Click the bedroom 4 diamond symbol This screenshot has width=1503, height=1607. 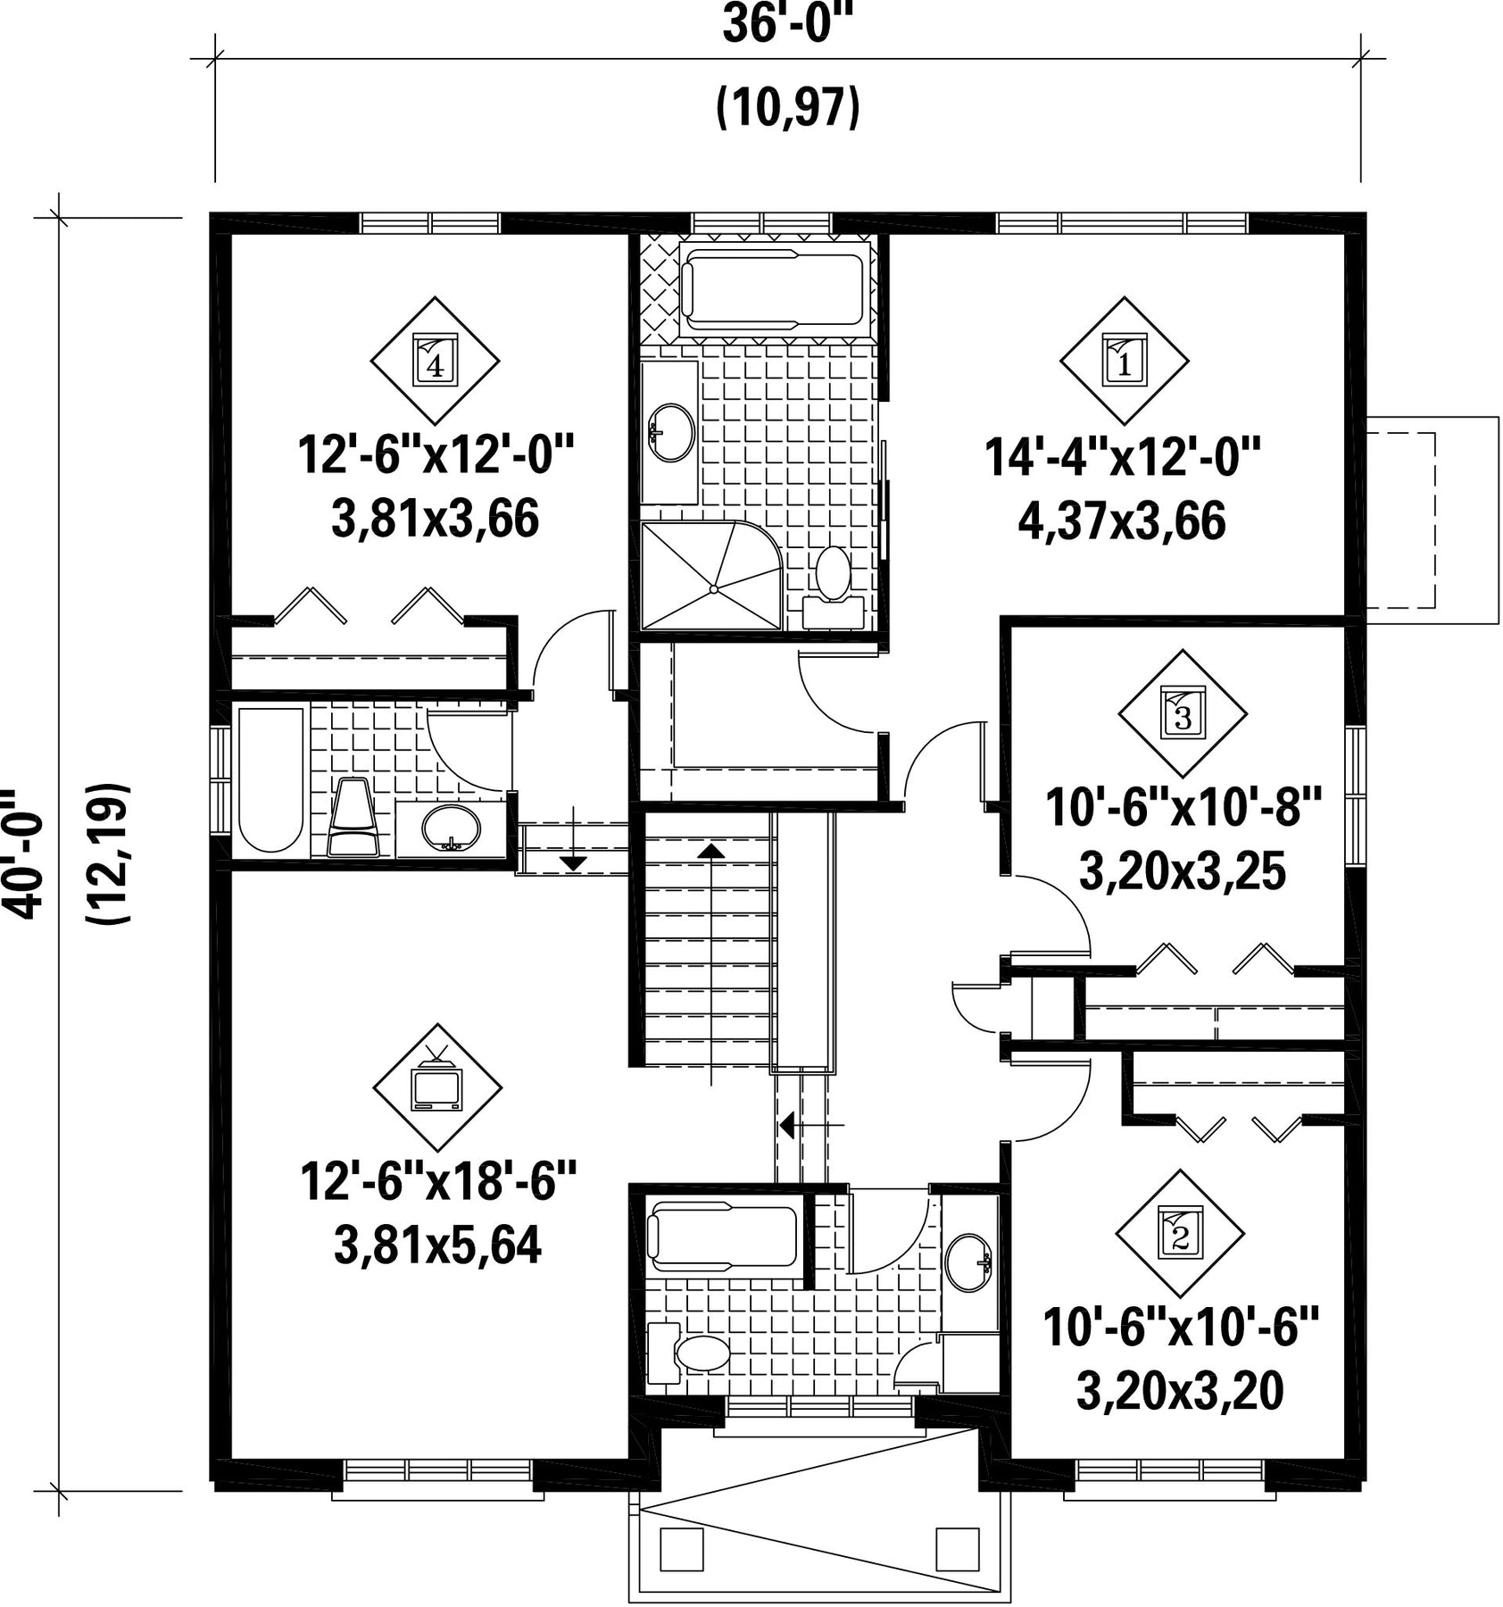435,361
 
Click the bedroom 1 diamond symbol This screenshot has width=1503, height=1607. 1124,361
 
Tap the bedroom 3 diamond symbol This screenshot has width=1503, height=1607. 1183,713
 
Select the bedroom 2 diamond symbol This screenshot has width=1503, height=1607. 1180,1234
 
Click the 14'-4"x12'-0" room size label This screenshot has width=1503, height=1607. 1123,457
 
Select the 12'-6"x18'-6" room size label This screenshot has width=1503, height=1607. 438,1181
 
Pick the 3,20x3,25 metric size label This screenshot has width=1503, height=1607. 1182,872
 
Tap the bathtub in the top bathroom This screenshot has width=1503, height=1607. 773,287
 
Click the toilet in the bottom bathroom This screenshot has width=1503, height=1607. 688,1352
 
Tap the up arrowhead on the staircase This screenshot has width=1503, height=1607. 711,849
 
